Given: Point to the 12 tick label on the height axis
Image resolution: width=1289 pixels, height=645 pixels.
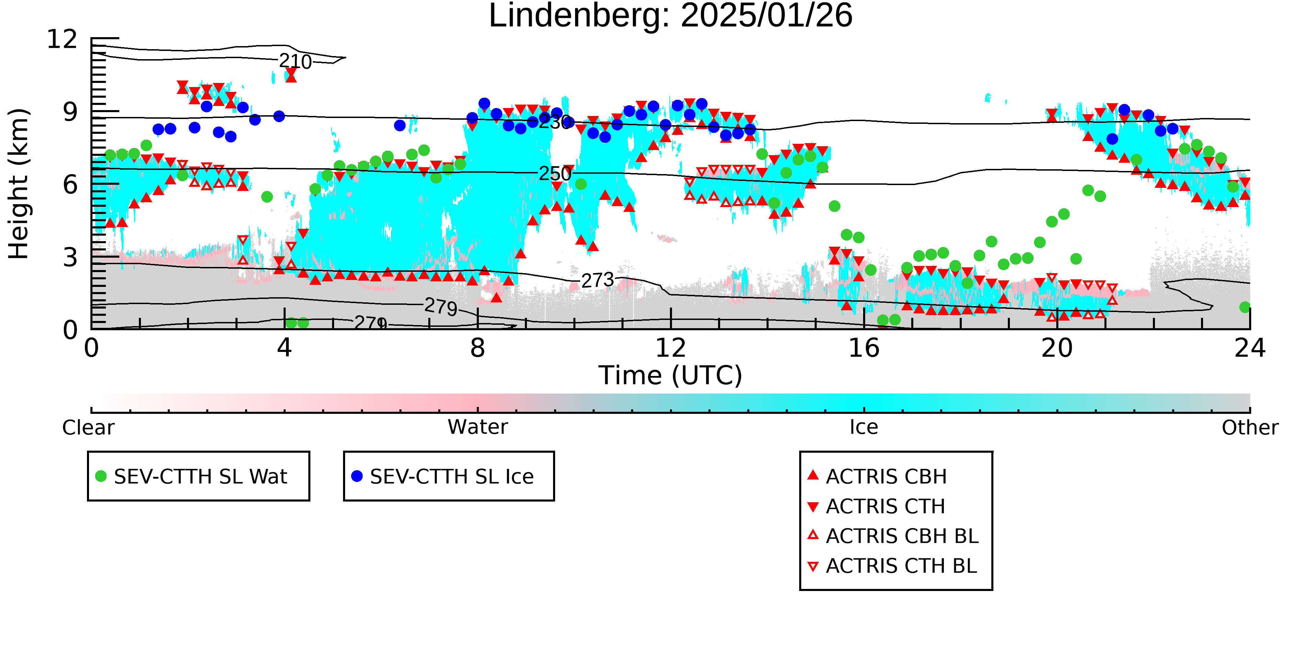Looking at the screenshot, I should (62, 39).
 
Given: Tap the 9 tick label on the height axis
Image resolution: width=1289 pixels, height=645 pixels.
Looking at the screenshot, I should (70, 112).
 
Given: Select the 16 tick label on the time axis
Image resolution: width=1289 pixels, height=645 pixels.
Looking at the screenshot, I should (864, 348).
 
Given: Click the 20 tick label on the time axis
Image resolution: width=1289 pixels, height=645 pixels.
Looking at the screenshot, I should (1057, 348).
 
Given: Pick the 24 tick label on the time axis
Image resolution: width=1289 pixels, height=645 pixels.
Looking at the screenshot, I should (1249, 348).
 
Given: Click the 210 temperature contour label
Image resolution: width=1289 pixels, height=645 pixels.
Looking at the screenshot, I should (295, 62).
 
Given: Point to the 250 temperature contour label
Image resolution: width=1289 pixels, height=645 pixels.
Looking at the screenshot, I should (555, 174).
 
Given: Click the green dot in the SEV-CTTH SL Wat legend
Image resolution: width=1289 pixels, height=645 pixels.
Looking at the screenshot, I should (101, 476).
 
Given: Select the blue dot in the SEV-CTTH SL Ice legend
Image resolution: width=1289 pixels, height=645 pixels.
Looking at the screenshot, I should (357, 476).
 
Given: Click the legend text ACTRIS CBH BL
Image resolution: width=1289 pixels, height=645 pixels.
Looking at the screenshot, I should (902, 536).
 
